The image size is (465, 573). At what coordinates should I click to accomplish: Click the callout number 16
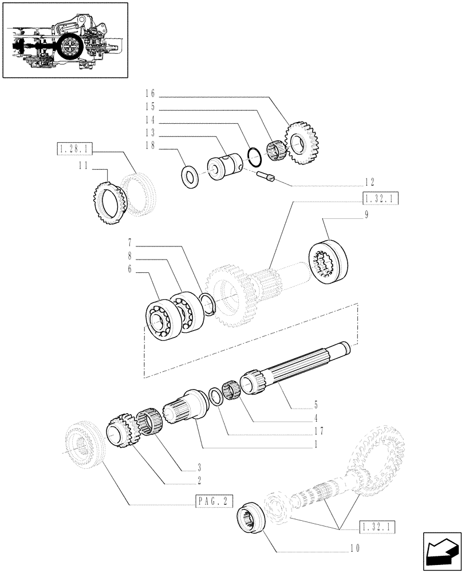coord(151,93)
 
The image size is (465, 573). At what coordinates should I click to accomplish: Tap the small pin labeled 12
coord(267,176)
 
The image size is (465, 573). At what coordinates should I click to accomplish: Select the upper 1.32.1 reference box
coord(380,200)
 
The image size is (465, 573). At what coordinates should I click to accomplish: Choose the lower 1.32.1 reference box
coord(379,526)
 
